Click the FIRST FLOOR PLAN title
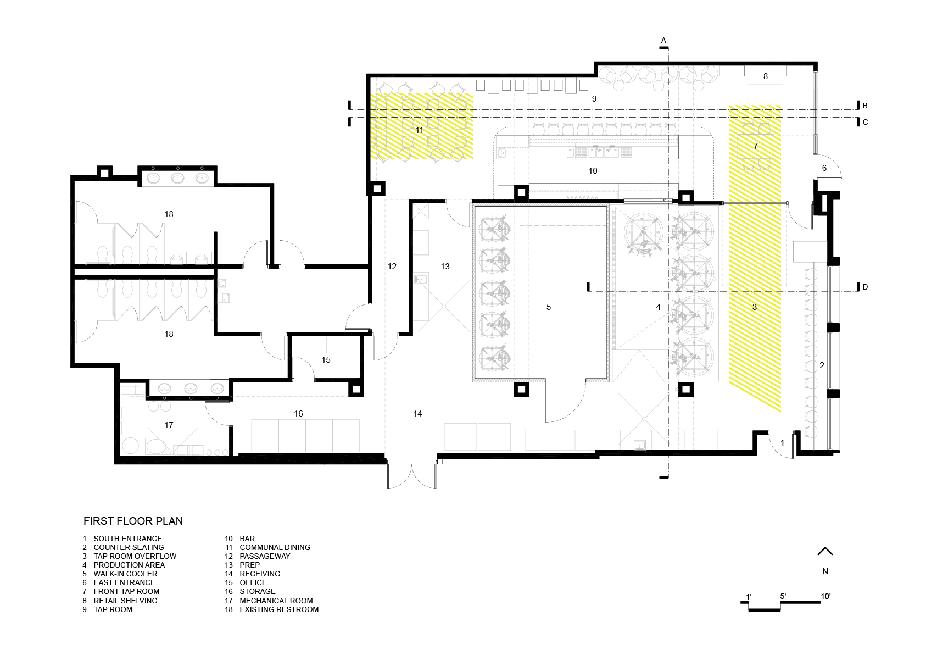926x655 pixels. (x=133, y=521)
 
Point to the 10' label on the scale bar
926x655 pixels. (x=825, y=596)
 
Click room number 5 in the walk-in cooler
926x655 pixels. (x=549, y=307)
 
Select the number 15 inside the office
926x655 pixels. (x=326, y=360)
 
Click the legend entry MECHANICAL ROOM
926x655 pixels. (x=276, y=601)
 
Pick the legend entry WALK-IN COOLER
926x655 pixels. (x=125, y=574)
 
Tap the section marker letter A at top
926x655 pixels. (x=663, y=41)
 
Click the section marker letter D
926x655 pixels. (x=865, y=287)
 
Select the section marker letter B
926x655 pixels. (x=865, y=106)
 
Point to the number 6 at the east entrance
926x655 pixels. (x=824, y=168)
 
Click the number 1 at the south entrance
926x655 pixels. (x=782, y=443)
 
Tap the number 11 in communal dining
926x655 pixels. (x=419, y=130)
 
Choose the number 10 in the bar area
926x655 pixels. (x=593, y=171)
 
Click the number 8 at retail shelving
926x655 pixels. (x=766, y=76)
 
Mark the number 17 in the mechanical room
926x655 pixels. (x=169, y=425)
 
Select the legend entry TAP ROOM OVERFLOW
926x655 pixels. (x=135, y=556)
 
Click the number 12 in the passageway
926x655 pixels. (x=392, y=267)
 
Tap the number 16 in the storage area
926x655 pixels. (x=298, y=414)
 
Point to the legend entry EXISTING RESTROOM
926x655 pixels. (x=279, y=609)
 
